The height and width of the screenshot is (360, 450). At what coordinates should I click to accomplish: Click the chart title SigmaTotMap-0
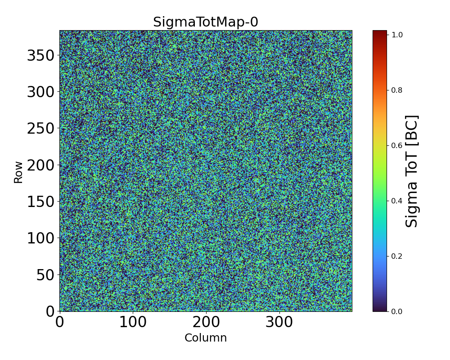click(206, 22)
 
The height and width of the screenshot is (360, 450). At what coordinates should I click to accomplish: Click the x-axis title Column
click(206, 338)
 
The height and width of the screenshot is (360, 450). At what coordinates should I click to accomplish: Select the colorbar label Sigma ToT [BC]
click(412, 171)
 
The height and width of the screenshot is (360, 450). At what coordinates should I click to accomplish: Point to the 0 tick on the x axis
click(60, 322)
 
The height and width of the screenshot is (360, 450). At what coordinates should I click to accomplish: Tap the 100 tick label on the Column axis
click(133, 322)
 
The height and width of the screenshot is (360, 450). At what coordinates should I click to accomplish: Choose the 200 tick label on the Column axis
click(206, 322)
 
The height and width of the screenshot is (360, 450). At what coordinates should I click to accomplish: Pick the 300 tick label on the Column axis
click(279, 322)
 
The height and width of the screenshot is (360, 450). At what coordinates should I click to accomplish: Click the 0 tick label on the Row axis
click(50, 311)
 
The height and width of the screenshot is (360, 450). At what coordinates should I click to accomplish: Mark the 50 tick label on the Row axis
click(45, 274)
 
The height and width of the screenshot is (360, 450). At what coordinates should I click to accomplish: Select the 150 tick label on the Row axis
click(40, 202)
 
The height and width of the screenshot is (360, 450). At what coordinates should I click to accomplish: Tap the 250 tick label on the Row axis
click(40, 128)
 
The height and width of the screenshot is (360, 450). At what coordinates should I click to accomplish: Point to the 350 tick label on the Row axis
click(40, 55)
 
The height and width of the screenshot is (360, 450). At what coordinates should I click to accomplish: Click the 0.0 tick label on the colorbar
click(396, 311)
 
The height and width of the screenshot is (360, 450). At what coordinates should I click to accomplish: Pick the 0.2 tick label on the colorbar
click(396, 256)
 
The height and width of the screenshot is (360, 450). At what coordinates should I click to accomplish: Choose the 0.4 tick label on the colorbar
click(396, 201)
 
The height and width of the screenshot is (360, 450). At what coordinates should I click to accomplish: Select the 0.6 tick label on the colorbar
click(396, 145)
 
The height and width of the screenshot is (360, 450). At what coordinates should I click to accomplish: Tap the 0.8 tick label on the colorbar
click(396, 90)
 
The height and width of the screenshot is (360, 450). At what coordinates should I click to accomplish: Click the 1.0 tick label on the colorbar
click(396, 35)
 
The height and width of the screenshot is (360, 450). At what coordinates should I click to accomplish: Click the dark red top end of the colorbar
click(380, 32)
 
